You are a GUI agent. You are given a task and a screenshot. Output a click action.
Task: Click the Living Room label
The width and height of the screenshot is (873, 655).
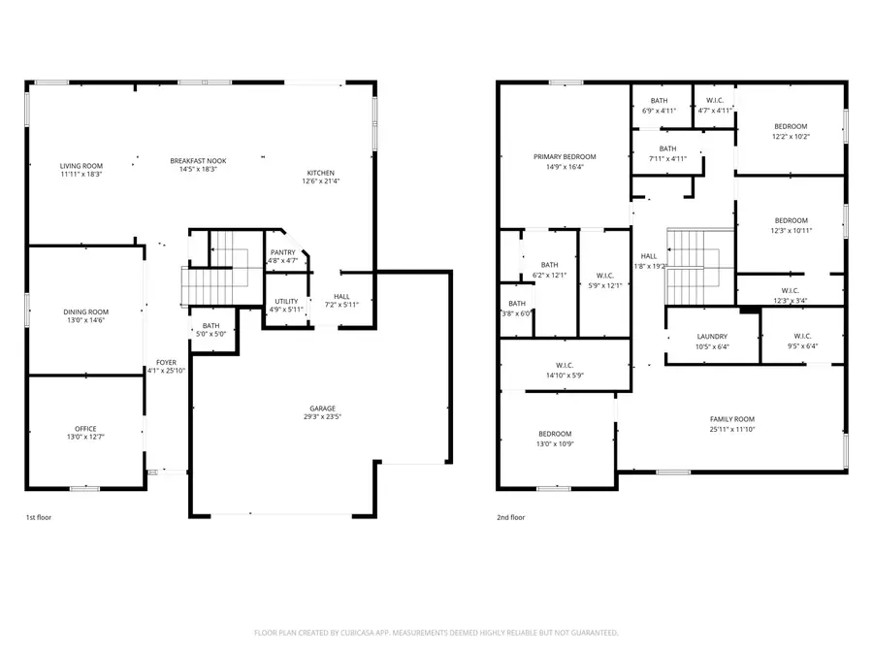point(81,166)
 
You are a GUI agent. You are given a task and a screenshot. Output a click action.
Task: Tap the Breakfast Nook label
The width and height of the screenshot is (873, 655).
point(197,160)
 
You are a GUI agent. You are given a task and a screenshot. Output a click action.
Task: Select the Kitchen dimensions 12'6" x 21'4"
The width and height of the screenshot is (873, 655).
point(323,180)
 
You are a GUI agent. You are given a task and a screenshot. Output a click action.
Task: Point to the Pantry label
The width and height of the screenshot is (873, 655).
point(282,251)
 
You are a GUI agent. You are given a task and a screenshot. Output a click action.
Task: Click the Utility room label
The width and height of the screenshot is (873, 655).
point(286,301)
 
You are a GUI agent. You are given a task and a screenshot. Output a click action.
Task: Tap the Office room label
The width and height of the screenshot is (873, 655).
point(85,428)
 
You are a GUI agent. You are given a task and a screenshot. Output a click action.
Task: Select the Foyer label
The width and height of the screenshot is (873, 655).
point(166,362)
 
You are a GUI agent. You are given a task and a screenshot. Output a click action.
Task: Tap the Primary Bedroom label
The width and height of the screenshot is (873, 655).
point(565,156)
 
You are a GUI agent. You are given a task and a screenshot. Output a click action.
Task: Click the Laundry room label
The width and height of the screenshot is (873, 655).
point(711,337)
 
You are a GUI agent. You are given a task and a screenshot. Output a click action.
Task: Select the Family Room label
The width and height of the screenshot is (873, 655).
point(731,418)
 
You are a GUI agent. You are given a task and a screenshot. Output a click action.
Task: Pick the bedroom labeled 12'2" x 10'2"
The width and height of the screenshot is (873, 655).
point(791,126)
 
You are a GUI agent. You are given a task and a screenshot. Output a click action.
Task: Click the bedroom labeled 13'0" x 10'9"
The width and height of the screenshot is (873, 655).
point(555,434)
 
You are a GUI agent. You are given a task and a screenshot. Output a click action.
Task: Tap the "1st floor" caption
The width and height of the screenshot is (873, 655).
point(39,517)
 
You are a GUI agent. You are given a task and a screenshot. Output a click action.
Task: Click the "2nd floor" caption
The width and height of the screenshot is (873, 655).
point(510,517)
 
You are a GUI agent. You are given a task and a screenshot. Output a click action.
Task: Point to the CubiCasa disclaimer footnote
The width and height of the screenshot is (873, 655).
point(436,633)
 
